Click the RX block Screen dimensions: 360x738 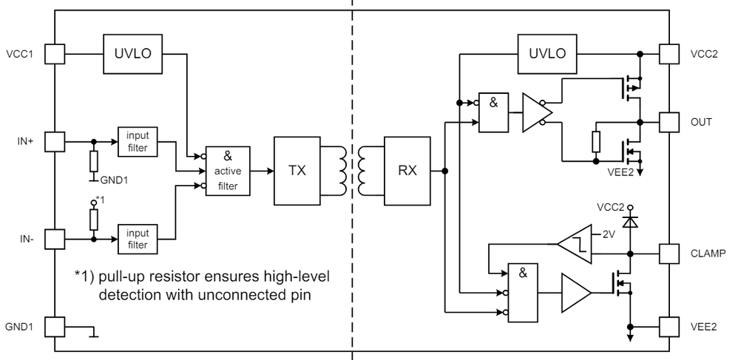pos(407,171)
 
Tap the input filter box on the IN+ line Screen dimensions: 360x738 pos(138,140)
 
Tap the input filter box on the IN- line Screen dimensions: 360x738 pos(138,239)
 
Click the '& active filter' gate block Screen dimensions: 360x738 pos(228,171)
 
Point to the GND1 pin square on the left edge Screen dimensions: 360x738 pos(55,326)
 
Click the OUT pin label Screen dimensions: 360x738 pos(700,121)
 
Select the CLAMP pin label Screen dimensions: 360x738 pos(708,253)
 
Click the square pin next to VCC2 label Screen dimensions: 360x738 pos(669,53)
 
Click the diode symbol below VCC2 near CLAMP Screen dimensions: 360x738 pos(630,221)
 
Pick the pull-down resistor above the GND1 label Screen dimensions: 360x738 pos(93,160)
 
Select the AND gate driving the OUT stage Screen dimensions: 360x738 pos(494,112)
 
